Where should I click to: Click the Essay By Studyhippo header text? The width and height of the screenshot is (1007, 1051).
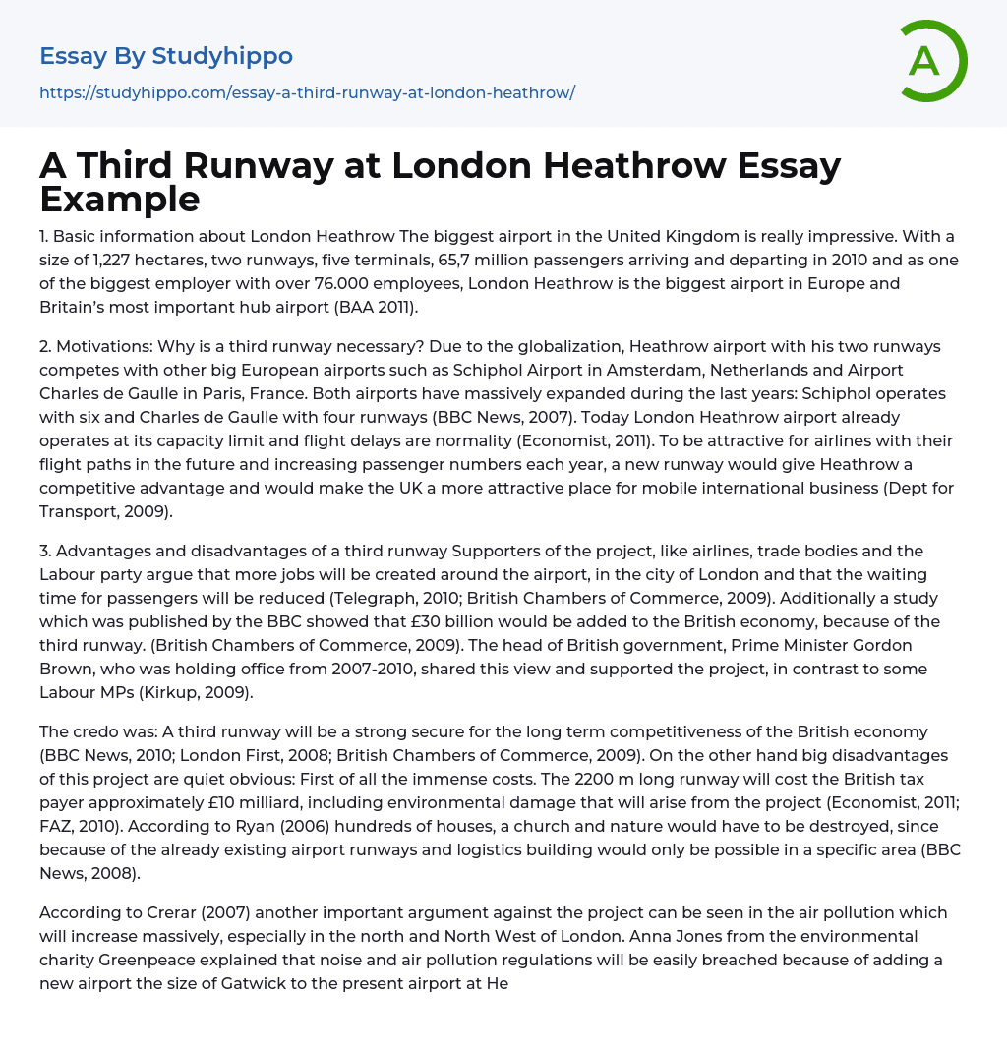[166, 56]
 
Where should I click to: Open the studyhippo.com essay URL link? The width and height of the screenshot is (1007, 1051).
[307, 92]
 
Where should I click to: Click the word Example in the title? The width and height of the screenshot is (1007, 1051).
[120, 199]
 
